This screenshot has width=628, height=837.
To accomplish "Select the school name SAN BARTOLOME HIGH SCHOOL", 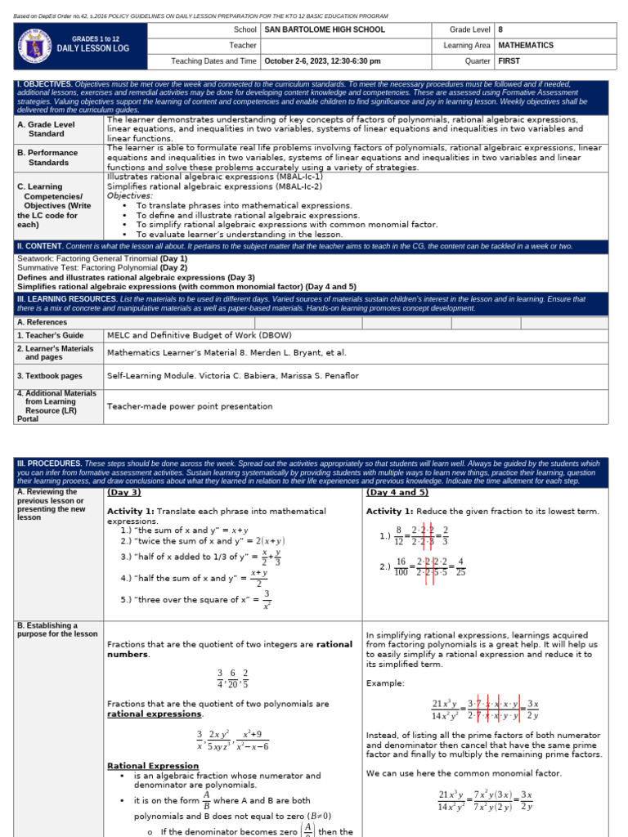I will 324,29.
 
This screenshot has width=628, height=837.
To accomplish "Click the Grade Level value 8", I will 500,29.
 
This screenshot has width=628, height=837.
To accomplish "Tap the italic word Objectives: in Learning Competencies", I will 130,195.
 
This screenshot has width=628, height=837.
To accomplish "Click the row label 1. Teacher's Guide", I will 51,335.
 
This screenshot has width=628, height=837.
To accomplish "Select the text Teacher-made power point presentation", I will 190,406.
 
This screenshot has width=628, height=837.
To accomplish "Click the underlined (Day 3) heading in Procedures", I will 124,492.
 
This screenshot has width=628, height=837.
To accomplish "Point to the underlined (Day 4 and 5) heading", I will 397,492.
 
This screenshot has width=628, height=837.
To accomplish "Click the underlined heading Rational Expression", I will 153,766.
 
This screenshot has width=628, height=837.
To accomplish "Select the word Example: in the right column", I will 385,683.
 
